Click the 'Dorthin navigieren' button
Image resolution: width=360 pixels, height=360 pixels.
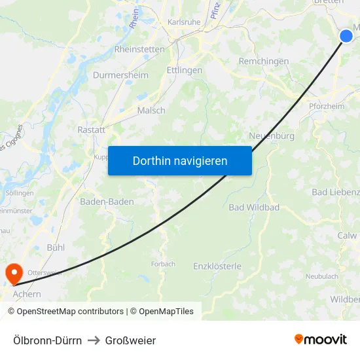[180, 160]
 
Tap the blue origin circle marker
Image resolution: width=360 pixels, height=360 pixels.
[346, 36]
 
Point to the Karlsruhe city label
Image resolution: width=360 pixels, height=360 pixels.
[184, 22]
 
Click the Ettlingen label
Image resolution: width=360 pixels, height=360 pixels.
[185, 70]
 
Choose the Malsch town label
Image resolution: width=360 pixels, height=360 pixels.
[151, 111]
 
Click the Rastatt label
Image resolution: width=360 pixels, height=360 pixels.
[91, 130]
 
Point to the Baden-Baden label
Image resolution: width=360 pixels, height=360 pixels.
[107, 202]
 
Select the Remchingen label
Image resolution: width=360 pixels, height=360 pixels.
[264, 61]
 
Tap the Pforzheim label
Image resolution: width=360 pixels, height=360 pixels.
[326, 107]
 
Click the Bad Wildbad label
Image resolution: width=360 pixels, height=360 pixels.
[254, 207]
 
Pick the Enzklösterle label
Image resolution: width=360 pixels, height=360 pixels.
[217, 266]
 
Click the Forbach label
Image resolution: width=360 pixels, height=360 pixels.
[163, 264]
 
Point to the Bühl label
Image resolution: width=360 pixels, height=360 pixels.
[56, 247]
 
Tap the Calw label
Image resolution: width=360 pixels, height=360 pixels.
[347, 236]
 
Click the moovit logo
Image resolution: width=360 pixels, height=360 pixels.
[321, 340]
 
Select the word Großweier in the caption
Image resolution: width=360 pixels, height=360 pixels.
[130, 340]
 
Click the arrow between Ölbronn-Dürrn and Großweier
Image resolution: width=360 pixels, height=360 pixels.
[94, 340]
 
